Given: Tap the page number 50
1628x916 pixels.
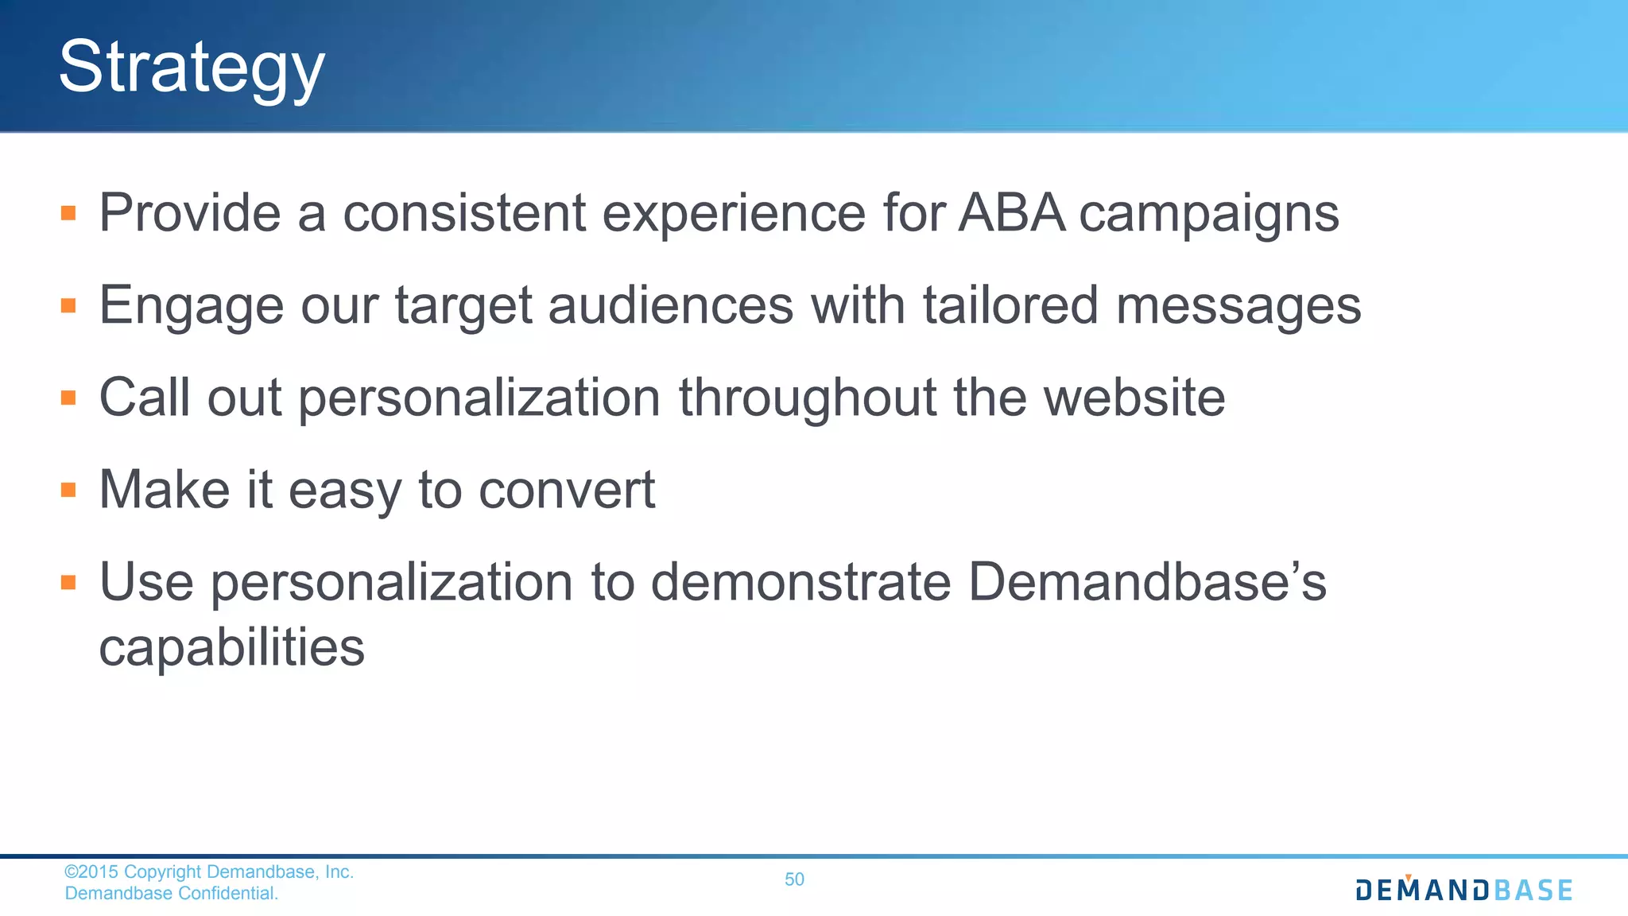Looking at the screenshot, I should tap(794, 879).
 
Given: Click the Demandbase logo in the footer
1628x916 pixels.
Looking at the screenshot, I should tap(1463, 889).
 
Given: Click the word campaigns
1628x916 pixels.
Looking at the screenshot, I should tap(1208, 215).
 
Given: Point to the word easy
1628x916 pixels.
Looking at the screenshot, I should tap(345, 491).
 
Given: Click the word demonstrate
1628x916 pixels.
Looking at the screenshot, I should tap(800, 582).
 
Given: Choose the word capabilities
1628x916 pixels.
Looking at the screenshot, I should tap(231, 648).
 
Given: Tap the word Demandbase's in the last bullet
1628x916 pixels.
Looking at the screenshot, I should tap(1147, 582).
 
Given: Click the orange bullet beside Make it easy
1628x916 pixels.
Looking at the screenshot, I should tap(68, 490).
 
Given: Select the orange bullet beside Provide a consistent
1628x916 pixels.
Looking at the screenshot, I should tap(68, 213).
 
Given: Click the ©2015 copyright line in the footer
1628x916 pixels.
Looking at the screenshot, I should tap(208, 871).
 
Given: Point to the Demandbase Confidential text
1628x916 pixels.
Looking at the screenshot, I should tap(172, 893).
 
